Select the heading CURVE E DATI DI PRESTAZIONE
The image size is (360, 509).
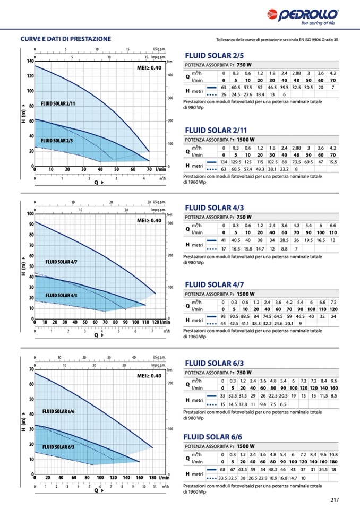66,39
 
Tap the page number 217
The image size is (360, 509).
334,499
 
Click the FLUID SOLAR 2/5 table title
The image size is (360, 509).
214,55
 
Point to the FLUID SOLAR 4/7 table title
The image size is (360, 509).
214,284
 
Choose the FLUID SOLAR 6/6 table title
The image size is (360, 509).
214,437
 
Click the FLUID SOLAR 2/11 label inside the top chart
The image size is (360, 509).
58,103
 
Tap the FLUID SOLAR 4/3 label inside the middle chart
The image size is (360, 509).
61,295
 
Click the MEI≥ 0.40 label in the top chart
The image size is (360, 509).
149,68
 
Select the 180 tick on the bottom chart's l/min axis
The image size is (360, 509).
152,478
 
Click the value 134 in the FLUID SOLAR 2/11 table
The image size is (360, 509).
224,161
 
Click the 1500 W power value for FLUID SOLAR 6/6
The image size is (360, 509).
246,446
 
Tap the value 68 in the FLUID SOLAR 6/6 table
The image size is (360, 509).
223,469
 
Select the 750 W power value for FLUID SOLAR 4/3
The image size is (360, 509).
244,217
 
